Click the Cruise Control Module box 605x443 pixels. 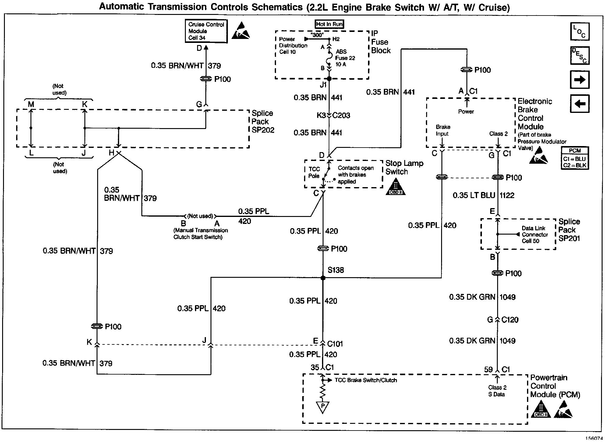(x=206, y=31)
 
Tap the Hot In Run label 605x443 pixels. (x=329, y=24)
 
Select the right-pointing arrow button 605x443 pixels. (x=580, y=80)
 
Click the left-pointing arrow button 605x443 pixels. (x=580, y=104)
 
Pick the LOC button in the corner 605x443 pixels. (x=580, y=31)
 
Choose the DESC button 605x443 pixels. (x=580, y=55)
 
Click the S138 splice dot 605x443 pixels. (x=323, y=278)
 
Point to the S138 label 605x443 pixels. (x=336, y=270)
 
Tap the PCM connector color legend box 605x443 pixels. (x=575, y=158)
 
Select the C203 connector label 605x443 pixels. (x=341, y=115)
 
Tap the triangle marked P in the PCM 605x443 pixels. (x=323, y=406)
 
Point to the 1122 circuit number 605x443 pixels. (x=507, y=195)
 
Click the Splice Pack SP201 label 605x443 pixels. (x=569, y=230)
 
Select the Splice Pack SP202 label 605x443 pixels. (x=263, y=122)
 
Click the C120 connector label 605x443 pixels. (x=510, y=320)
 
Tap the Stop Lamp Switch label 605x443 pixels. (x=404, y=168)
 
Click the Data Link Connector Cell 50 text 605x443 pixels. (x=535, y=235)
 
